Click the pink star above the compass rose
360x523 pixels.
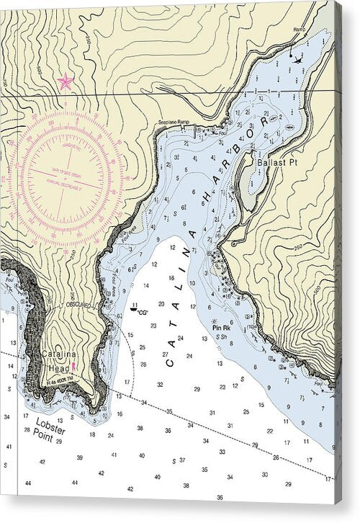66,81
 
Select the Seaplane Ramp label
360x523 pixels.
174,122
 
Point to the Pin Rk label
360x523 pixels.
221,328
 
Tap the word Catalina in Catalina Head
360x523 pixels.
57,354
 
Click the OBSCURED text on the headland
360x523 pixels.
78,305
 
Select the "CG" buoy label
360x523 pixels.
143,312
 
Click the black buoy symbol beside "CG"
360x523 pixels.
133,308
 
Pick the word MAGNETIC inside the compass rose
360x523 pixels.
71,146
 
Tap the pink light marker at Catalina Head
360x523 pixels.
74,367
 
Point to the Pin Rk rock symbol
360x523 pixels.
214,321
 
